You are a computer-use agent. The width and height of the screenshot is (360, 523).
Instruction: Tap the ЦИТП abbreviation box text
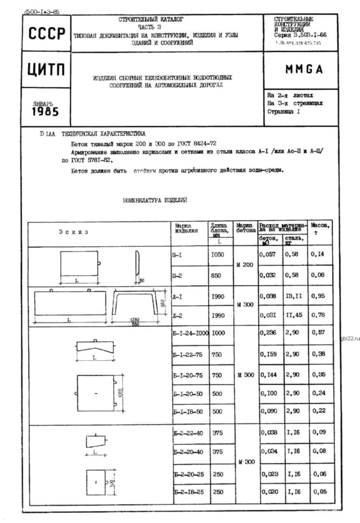pos(45,69)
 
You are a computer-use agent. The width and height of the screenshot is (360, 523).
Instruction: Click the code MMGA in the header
pos(303,69)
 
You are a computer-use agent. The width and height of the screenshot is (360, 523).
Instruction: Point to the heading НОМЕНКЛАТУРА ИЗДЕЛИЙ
pos(155,200)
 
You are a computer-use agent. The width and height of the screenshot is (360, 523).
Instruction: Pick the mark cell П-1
pos(176,254)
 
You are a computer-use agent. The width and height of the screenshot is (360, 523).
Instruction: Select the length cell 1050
pos(218,254)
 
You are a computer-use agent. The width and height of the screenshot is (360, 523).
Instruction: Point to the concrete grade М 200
pos(244,265)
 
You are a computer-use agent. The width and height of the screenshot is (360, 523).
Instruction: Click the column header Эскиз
pos(73,231)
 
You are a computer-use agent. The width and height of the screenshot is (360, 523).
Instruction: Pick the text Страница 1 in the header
pos(284,112)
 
